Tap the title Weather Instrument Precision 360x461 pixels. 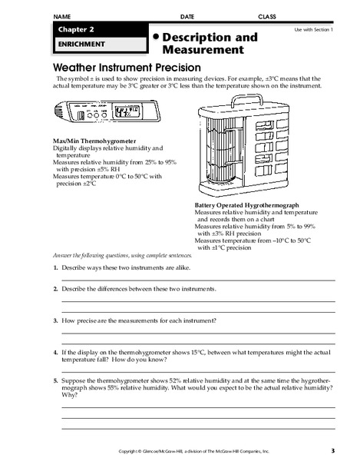pos(127,67)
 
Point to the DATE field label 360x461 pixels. pos(187,15)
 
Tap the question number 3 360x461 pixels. pos(56,319)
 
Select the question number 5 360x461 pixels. pos(56,380)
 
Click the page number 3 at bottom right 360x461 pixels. pos(333,450)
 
